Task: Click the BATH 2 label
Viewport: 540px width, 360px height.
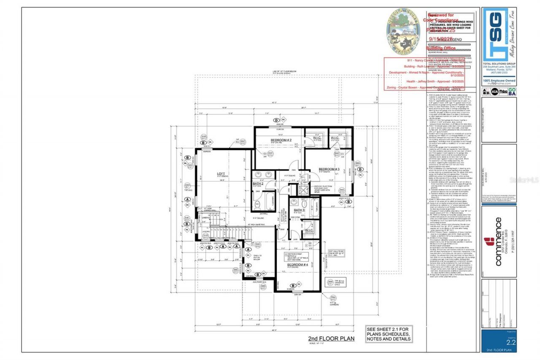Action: (259, 184)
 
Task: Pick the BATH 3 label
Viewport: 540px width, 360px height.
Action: (299, 210)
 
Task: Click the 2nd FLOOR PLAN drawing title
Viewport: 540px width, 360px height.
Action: (331, 338)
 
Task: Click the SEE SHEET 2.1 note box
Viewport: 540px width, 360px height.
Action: (389, 334)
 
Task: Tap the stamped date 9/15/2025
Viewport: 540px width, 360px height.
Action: (440, 39)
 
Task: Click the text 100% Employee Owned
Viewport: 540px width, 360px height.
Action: (499, 80)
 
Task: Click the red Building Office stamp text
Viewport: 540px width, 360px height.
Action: (441, 49)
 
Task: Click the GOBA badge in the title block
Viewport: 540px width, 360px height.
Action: (512, 91)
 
